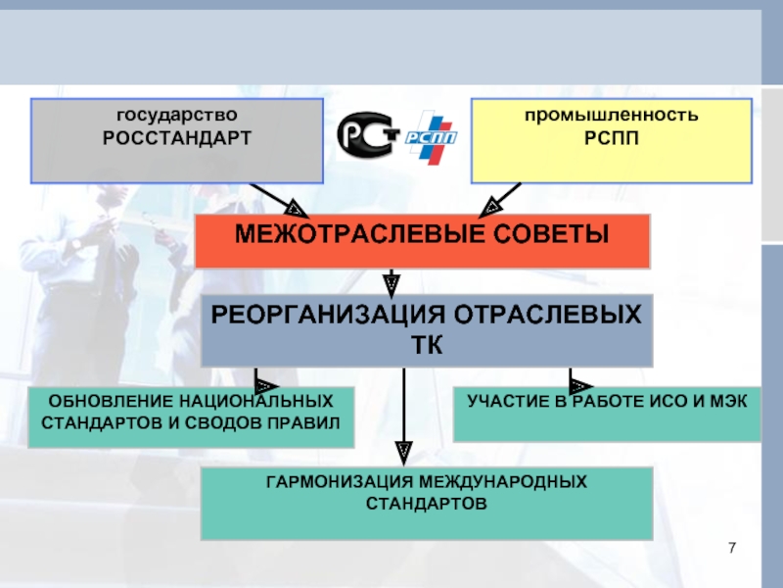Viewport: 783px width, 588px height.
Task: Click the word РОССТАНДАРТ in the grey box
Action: tap(177, 138)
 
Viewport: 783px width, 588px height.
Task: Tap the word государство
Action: tap(177, 115)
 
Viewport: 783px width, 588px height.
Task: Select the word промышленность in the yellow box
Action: tap(611, 115)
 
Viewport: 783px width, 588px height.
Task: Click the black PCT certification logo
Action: tap(368, 134)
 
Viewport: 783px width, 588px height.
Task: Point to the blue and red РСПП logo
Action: tap(430, 137)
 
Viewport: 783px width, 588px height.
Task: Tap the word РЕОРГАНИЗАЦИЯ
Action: tap(328, 315)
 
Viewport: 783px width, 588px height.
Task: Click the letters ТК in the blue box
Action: tap(427, 345)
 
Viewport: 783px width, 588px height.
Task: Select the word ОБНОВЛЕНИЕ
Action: tap(110, 401)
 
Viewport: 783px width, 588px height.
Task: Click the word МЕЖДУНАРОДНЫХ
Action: tap(503, 481)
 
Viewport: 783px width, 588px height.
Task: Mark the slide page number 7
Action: tap(732, 548)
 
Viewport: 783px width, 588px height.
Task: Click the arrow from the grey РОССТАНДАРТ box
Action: tap(279, 200)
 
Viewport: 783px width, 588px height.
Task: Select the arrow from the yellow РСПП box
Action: tap(500, 200)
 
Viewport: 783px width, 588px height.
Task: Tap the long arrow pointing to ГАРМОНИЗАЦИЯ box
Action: tap(404, 417)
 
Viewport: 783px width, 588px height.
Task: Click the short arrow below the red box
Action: tap(391, 283)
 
